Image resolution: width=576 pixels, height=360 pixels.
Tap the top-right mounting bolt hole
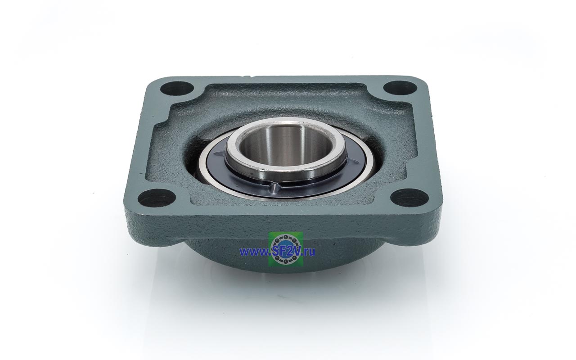[400, 88]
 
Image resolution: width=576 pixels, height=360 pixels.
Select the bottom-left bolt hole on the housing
[157, 198]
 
